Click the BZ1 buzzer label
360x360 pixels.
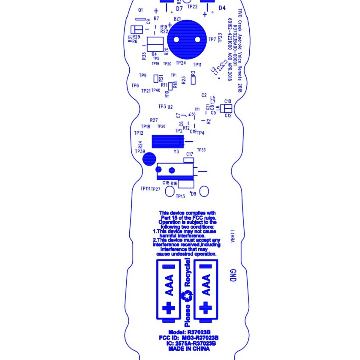(177, 19)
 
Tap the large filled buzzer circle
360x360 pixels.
(187, 40)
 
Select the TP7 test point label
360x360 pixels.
(212, 39)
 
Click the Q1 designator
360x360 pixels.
(140, 10)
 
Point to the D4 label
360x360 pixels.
(222, 8)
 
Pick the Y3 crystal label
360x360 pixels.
(176, 152)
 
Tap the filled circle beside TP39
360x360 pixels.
(149, 159)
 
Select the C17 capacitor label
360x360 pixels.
(190, 154)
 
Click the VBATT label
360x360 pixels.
(233, 236)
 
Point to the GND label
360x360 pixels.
(233, 275)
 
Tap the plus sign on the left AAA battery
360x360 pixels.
(169, 308)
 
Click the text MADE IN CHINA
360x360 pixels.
(189, 349)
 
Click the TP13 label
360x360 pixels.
(180, 196)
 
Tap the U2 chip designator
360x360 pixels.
(170, 107)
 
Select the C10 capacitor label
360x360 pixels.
(228, 101)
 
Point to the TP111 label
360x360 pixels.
(145, 189)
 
